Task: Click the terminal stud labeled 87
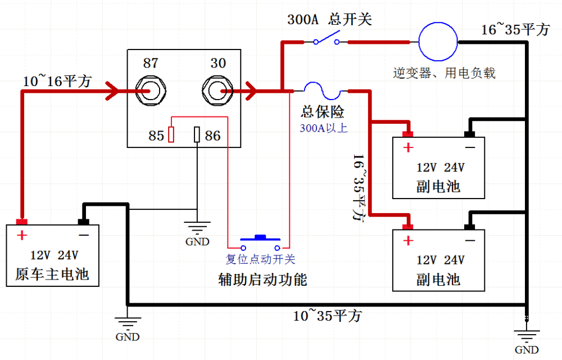click(x=151, y=89)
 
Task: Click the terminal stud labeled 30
click(x=217, y=89)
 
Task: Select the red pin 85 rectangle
click(x=172, y=135)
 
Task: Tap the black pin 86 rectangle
click(x=197, y=135)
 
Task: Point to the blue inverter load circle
click(x=438, y=42)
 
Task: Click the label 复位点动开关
click(x=260, y=259)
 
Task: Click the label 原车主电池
click(x=52, y=274)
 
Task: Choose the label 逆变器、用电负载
click(x=445, y=73)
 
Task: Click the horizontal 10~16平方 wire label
click(x=57, y=81)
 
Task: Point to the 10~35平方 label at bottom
click(x=327, y=315)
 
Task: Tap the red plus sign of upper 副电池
click(x=408, y=148)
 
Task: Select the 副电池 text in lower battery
click(x=438, y=279)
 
